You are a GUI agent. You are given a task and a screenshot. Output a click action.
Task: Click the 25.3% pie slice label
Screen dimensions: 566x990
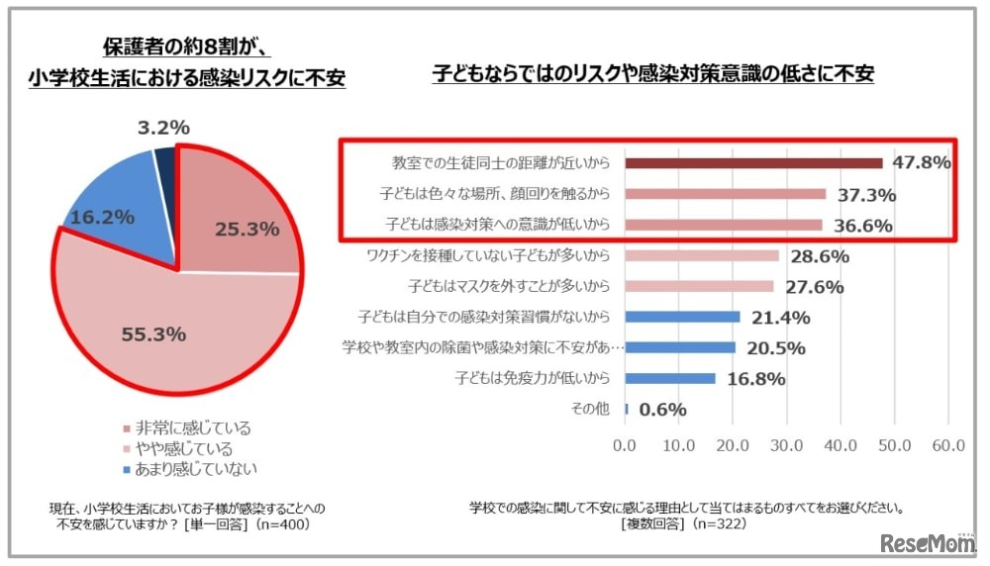(247, 230)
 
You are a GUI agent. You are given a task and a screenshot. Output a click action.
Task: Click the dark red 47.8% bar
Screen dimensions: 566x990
(752, 163)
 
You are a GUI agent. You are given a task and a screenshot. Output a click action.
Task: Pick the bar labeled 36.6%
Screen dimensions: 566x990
(723, 225)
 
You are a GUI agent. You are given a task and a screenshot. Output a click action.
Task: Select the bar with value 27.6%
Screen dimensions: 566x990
(699, 286)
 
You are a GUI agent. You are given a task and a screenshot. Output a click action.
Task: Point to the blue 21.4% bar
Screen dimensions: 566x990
(682, 317)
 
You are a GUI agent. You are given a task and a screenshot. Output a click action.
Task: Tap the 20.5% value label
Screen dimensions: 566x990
(775, 347)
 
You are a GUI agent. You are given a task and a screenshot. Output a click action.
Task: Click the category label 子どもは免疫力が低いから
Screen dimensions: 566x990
(532, 378)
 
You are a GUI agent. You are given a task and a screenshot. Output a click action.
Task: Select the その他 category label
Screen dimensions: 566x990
(592, 409)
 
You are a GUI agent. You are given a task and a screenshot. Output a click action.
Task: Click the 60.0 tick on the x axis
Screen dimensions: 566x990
(947, 445)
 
